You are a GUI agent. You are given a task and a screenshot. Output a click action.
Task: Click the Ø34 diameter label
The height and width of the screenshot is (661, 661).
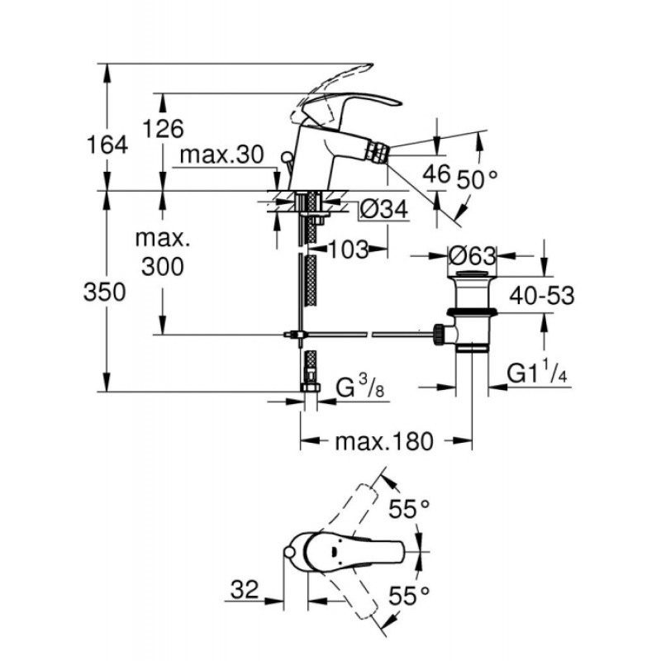[x=384, y=210]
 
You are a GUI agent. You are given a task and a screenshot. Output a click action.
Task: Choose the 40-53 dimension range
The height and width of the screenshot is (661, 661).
[x=542, y=295]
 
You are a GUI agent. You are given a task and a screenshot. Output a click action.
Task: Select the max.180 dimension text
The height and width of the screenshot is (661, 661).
[x=383, y=442]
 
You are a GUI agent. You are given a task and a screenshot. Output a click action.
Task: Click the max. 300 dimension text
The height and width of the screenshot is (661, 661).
[x=164, y=253]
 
